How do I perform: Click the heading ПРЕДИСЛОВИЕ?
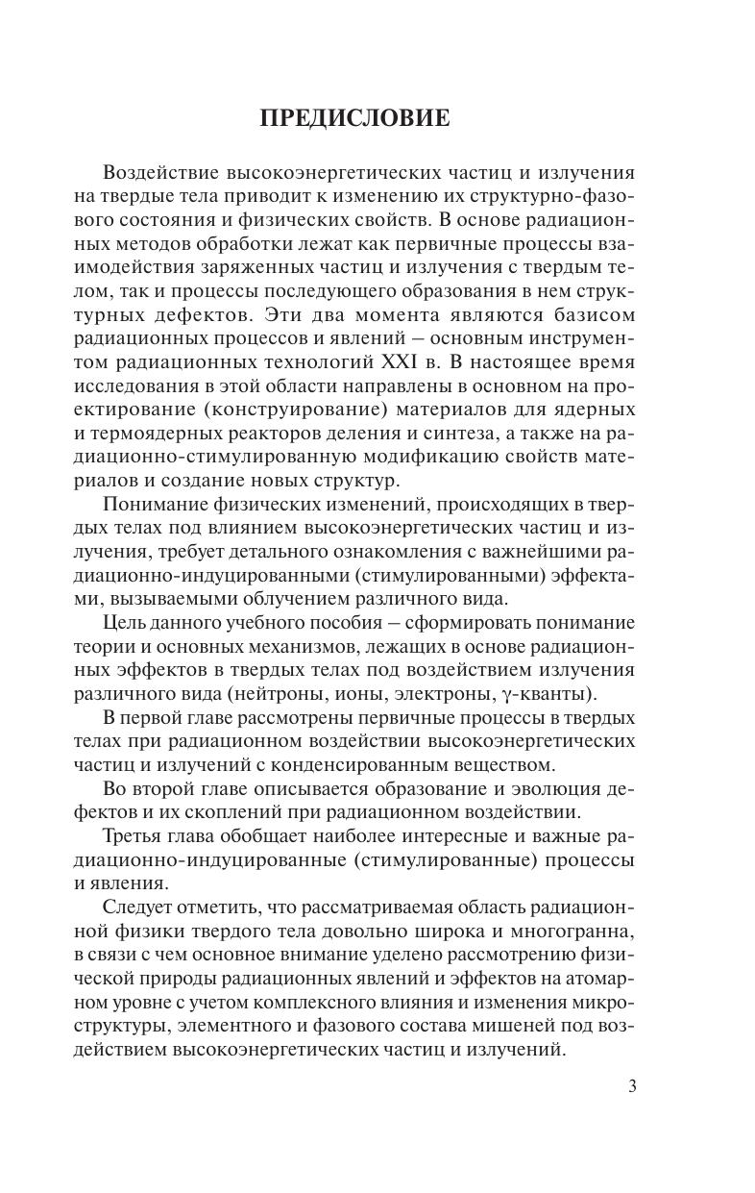pyautogui.click(x=355, y=118)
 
